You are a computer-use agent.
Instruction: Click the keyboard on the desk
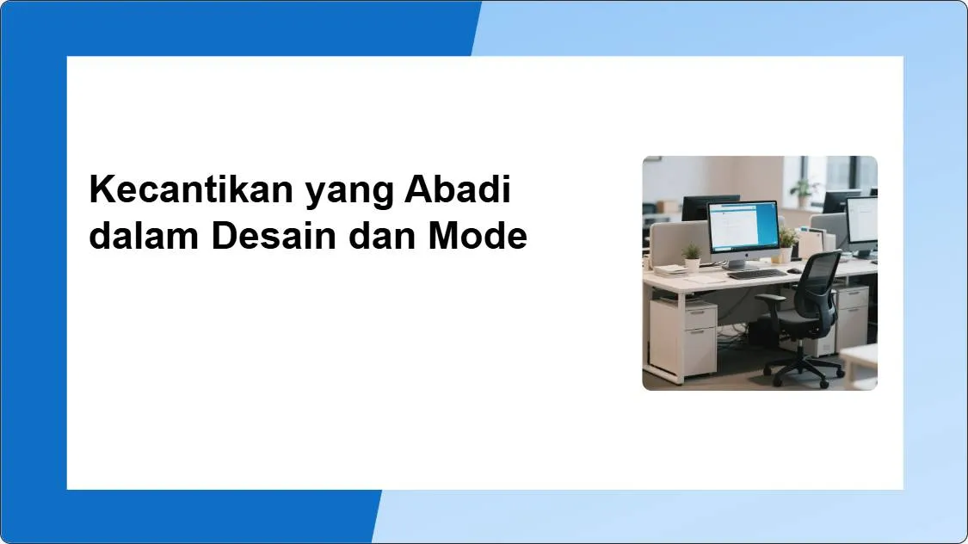[x=757, y=275]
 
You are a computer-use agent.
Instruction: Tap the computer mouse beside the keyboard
[x=796, y=270]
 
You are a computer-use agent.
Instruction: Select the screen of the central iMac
[x=743, y=227]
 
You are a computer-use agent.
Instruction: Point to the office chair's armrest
[x=772, y=300]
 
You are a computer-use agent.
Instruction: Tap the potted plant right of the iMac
[x=786, y=242]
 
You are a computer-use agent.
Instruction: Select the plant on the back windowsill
[x=804, y=189]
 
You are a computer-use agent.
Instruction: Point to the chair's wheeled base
[x=805, y=371]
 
